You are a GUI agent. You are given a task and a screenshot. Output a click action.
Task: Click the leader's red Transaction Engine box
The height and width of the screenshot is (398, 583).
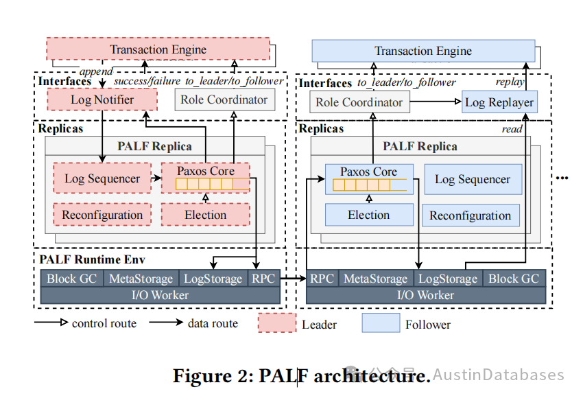[x=158, y=49]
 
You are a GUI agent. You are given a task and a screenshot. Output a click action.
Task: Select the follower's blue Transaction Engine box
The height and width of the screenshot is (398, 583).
[x=423, y=51]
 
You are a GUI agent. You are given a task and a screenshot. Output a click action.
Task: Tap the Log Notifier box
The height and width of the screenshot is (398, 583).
[x=102, y=100]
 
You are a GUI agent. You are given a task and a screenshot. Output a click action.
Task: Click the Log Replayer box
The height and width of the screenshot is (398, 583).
[x=499, y=102]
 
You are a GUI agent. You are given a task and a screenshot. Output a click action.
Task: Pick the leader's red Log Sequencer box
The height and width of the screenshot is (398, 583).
[x=102, y=179]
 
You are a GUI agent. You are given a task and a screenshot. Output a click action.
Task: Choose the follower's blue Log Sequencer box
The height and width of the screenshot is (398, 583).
[x=473, y=179]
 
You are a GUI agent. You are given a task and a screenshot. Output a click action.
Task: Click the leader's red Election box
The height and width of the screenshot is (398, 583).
[x=205, y=215]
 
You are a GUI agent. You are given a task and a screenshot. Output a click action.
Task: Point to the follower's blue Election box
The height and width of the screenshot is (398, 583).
[x=369, y=215]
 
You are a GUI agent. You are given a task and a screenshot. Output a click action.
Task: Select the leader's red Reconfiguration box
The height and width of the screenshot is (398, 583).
[x=102, y=215]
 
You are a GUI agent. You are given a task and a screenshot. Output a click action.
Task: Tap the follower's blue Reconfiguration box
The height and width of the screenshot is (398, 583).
[x=471, y=215]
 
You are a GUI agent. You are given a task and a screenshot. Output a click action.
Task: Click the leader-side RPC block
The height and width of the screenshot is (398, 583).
[x=263, y=279]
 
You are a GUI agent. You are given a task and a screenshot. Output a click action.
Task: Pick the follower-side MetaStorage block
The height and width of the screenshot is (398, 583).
[x=375, y=279]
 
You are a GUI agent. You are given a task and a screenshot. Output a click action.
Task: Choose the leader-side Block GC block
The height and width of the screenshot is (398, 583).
[x=72, y=279]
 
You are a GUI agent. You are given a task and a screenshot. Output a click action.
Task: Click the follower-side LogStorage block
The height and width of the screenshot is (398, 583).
[x=448, y=279]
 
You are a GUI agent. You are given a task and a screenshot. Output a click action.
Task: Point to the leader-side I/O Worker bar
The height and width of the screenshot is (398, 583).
[x=160, y=295]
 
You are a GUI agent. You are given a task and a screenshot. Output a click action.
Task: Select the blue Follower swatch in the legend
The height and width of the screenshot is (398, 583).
[x=381, y=323]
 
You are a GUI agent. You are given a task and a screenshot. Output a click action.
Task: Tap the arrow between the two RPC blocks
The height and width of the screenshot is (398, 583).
[x=293, y=279]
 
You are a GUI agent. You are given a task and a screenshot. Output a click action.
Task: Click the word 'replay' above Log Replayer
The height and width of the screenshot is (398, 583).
[x=510, y=82]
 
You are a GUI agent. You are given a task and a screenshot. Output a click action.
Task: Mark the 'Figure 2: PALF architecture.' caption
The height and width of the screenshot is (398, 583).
[x=301, y=375]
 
